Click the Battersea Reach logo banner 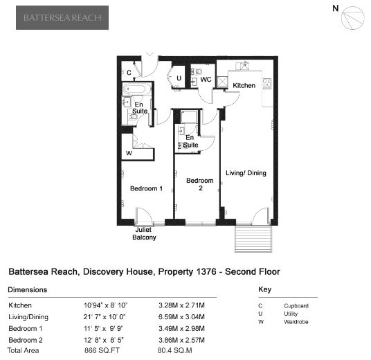(x=62, y=17)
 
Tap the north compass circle (x=352, y=18)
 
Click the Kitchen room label (x=244, y=85)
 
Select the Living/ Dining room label (x=246, y=173)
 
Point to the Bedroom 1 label (x=146, y=188)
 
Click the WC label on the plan (x=206, y=80)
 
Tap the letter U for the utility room (x=179, y=78)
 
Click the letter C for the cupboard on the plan (x=129, y=73)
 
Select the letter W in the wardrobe (x=129, y=153)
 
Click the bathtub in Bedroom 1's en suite (x=134, y=89)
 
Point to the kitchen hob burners (x=267, y=83)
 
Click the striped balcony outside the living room (x=253, y=239)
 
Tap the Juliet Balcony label (x=144, y=233)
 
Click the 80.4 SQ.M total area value (x=174, y=350)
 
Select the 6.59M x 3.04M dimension (x=181, y=316)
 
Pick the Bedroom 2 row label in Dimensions (x=26, y=340)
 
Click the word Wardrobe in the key (x=296, y=322)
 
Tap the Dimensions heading (x=28, y=289)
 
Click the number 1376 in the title (x=206, y=271)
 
